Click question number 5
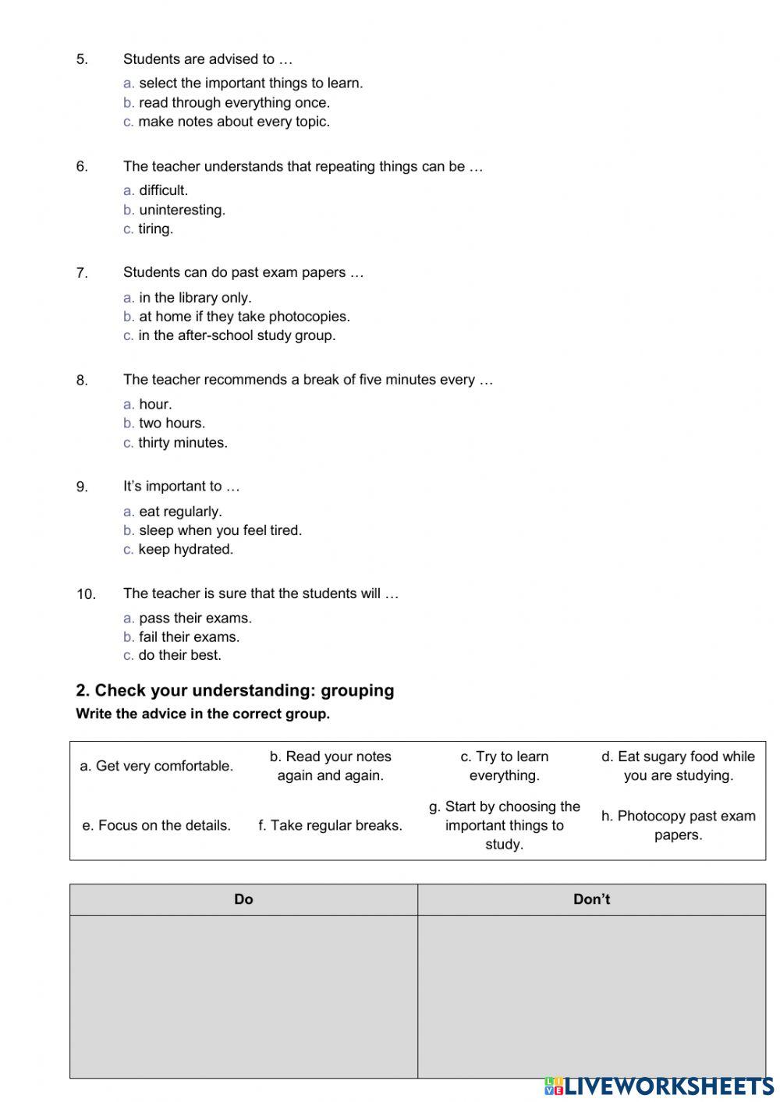pos(82,59)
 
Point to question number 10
pos(86,594)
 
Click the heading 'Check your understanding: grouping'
pos(235,691)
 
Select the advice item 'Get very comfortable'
pos(157,767)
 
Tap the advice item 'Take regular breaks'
pos(330,826)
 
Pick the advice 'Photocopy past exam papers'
pos(678,826)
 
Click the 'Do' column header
pos(243,900)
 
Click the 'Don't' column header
pos(591,900)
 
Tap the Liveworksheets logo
pos(659,1086)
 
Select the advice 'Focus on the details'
pos(157,826)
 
